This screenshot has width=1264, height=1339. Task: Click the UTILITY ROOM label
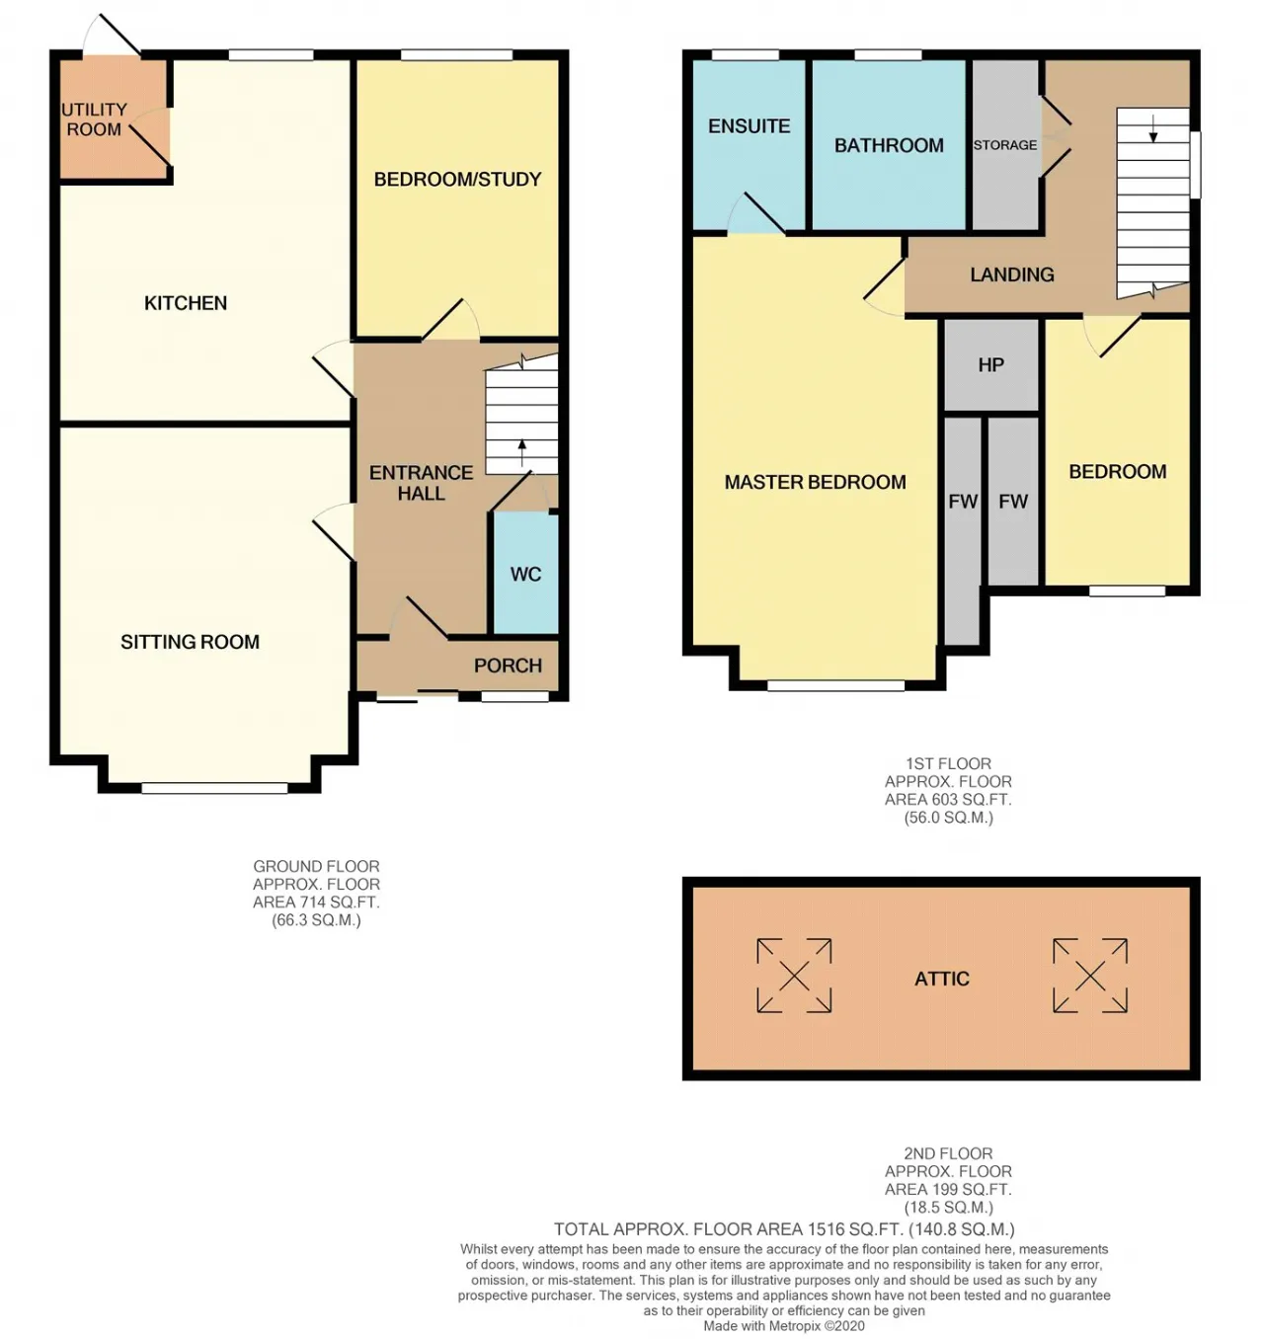[x=95, y=119]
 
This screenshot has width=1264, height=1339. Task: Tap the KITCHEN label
[x=186, y=303]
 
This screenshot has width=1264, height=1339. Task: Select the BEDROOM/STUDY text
[x=457, y=180]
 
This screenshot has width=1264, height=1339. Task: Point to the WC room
[x=525, y=574]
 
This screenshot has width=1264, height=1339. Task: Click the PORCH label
[x=508, y=667]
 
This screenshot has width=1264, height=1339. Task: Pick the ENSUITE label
[x=749, y=126]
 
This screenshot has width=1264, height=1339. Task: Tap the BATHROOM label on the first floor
[x=889, y=145]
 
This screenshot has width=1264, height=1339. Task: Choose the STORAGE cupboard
[x=1005, y=145]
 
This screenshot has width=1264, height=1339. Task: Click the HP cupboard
[x=990, y=364]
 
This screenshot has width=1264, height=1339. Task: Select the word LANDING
[x=1012, y=275]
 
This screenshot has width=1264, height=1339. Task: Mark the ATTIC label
[x=942, y=979]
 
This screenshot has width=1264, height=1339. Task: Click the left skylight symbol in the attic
[x=794, y=975]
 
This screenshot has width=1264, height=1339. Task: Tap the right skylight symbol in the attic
[x=1090, y=975]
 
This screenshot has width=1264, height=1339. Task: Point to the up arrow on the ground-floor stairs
[x=521, y=452]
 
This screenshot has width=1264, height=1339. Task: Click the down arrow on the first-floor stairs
[x=1152, y=128]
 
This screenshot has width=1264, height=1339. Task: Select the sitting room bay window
[x=214, y=787]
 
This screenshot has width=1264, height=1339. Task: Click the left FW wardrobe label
[x=963, y=502]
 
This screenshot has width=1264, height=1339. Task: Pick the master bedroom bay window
[x=835, y=685]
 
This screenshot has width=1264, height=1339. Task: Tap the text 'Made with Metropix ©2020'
[x=784, y=1325]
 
